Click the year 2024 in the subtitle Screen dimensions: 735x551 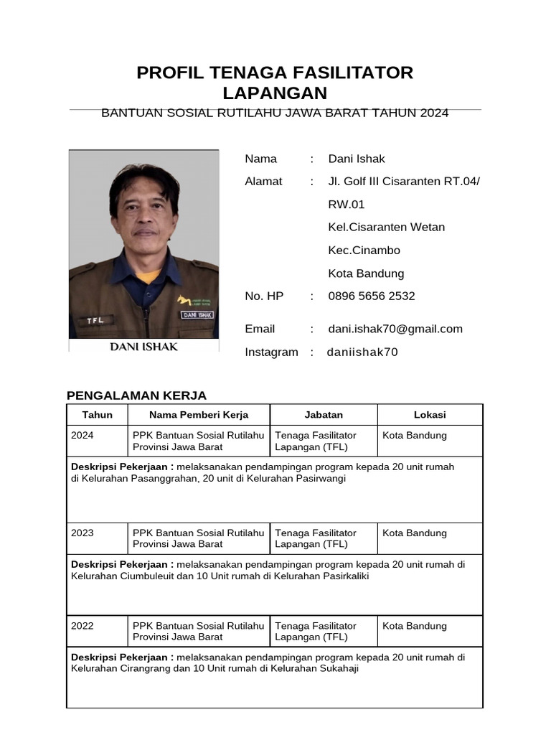(434, 113)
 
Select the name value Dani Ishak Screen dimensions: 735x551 (357, 159)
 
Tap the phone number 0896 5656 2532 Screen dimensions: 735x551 (372, 296)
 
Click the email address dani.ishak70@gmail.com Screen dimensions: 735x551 (395, 329)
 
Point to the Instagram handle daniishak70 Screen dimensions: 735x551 (362, 352)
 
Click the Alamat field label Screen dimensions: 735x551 (263, 182)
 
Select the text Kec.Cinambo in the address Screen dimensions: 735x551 (364, 251)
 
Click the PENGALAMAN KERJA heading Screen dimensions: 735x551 (136, 395)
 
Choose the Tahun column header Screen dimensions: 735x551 (97, 414)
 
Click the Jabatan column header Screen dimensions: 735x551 (324, 414)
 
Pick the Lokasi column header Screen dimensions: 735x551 (430, 414)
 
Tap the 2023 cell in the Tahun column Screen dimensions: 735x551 (83, 533)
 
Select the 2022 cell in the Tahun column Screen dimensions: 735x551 (83, 626)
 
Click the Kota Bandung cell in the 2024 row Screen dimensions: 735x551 (415, 436)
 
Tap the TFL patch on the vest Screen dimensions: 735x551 (95, 320)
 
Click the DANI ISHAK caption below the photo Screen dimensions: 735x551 (143, 347)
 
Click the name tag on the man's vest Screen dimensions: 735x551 (197, 314)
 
